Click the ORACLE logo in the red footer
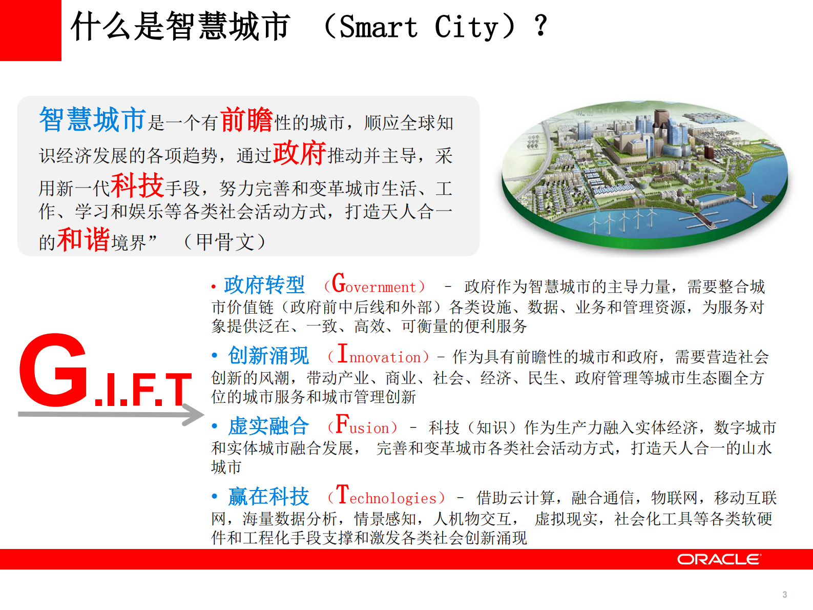coord(719,559)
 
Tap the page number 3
coord(784,595)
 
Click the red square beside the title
coord(30,30)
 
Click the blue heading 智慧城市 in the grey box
coord(93,120)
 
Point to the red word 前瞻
coord(246,120)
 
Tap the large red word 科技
coord(137,186)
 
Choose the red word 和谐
coord(83,239)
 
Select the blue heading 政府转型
coord(264,285)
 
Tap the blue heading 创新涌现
coord(268,356)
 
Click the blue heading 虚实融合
coord(268,426)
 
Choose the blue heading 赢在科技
coord(268,496)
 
